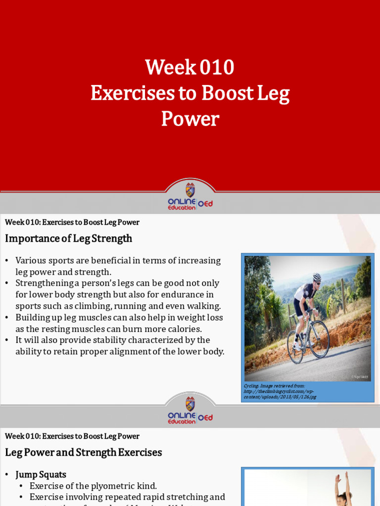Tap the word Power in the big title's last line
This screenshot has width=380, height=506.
(190, 119)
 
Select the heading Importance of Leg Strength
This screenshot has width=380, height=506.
(68, 239)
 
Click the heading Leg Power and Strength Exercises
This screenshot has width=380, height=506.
(83, 452)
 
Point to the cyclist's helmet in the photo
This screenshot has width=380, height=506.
(317, 277)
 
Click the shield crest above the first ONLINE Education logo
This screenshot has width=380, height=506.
(190, 190)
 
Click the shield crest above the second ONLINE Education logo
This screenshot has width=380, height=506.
(190, 404)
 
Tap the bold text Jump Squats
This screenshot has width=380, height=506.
(41, 474)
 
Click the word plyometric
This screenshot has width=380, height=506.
(115, 486)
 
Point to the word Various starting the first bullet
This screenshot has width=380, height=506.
(31, 260)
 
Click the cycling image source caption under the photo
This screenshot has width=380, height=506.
(280, 391)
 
